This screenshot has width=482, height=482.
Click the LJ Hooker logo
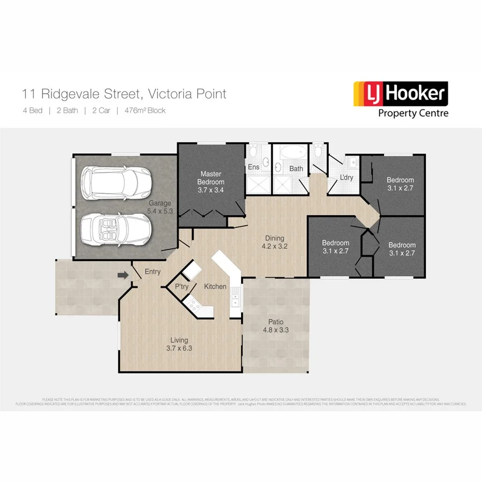tap(399, 94)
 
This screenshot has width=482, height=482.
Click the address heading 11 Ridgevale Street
tap(124, 94)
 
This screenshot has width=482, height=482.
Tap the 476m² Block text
tap(145, 111)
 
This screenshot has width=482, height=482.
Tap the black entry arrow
tap(124, 275)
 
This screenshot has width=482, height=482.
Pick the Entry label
tap(153, 272)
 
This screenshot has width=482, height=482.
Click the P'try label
tap(182, 287)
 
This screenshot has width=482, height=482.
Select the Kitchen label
tap(215, 287)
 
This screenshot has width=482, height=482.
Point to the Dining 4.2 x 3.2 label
tap(275, 243)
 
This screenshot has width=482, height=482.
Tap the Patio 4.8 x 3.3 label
tap(275, 326)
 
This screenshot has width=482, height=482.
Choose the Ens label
tap(253, 167)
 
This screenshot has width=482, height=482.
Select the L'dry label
tap(347, 177)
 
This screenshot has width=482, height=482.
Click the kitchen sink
tap(235, 299)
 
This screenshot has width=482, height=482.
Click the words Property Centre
tap(413, 113)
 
